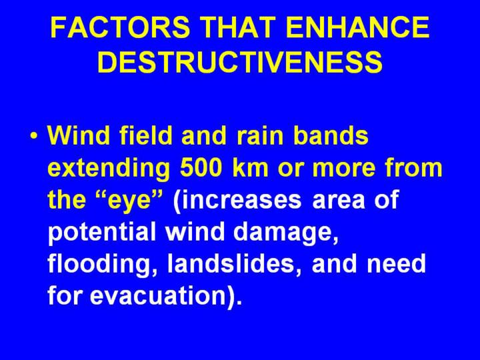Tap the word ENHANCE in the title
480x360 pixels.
tap(358, 27)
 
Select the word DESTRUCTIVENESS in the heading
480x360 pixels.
tap(240, 62)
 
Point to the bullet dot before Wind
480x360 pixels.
tap(34, 135)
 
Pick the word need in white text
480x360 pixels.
tap(397, 265)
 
